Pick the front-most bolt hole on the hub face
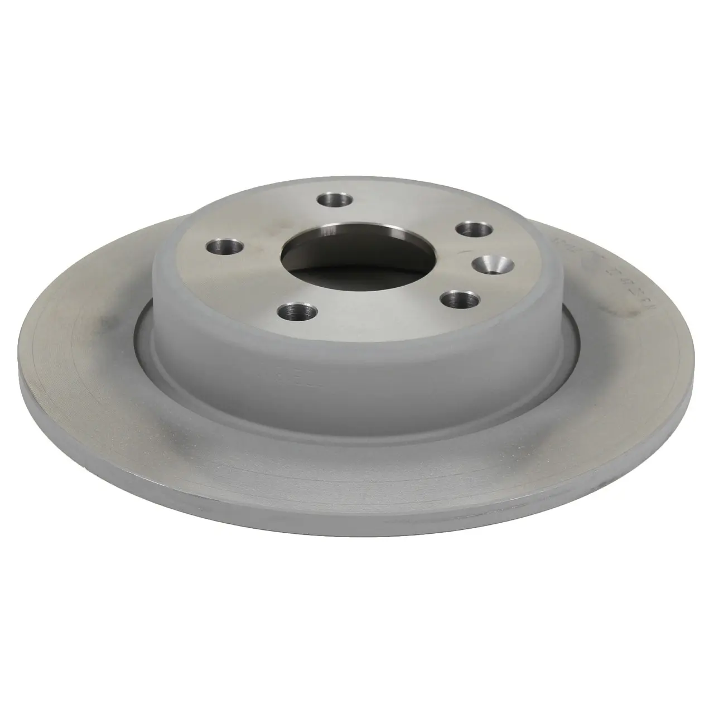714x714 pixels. point(292,310)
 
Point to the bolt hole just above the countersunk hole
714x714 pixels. point(474,229)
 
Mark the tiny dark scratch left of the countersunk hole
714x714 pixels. point(462,252)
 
